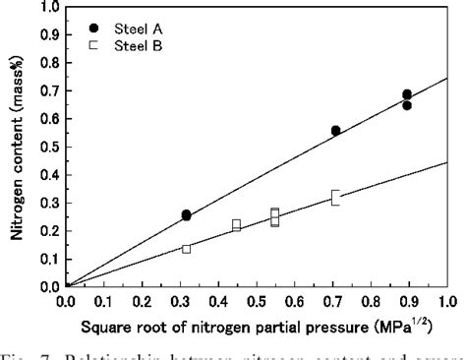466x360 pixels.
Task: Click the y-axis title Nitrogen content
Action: pyautogui.click(x=17, y=148)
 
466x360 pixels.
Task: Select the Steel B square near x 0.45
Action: pyautogui.click(x=236, y=225)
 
